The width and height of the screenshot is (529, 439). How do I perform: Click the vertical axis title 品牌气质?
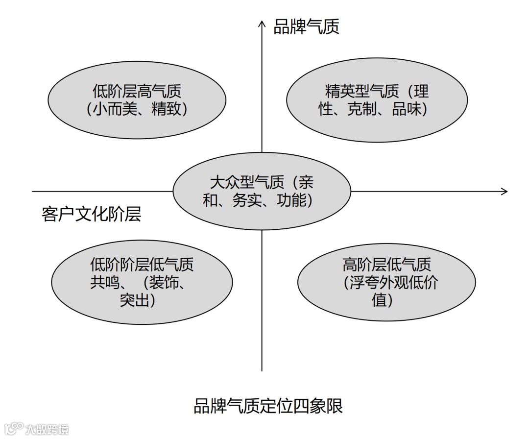click(306, 27)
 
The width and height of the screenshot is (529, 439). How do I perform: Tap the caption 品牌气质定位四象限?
click(268, 406)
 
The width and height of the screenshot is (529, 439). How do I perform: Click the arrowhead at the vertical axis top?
click(262, 24)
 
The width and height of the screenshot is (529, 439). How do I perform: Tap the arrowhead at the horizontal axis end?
click(504, 191)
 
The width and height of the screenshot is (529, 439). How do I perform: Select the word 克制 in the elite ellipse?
click(363, 109)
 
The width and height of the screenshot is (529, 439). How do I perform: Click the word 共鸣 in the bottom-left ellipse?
click(105, 282)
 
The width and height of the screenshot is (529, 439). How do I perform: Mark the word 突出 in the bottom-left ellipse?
click(135, 300)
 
